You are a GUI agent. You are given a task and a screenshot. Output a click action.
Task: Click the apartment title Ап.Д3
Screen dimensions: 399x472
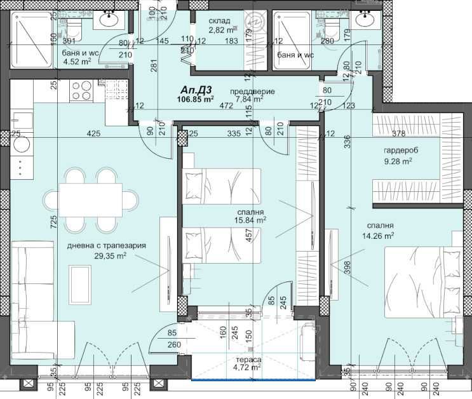tap(196, 90)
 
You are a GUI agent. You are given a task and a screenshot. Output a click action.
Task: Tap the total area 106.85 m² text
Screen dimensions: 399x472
tap(196, 99)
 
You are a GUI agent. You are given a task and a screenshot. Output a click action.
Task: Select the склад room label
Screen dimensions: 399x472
tap(220, 20)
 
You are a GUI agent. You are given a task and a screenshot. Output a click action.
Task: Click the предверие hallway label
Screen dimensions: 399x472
tap(252, 91)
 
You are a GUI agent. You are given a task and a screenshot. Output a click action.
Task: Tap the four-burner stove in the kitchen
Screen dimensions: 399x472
tap(82, 89)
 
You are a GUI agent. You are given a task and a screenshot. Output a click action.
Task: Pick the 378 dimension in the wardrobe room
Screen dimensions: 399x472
tap(398, 133)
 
